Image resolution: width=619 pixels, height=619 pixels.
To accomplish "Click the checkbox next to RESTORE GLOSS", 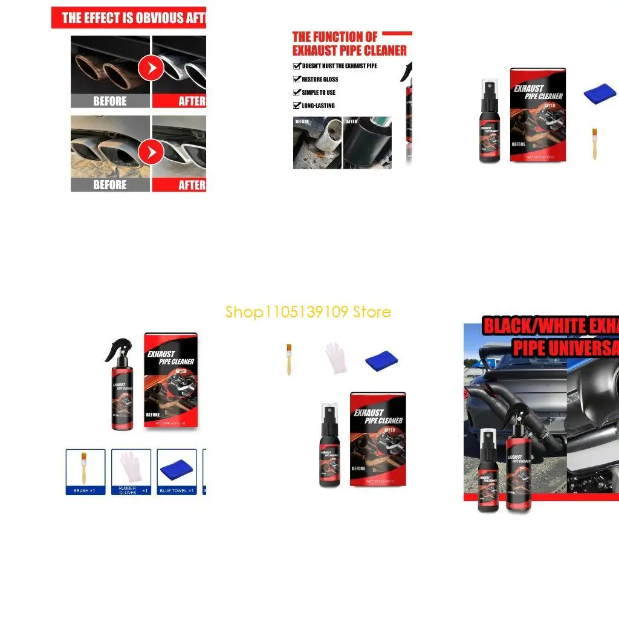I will coord(297,79).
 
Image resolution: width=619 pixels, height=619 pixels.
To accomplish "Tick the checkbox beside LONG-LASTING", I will coord(297,106).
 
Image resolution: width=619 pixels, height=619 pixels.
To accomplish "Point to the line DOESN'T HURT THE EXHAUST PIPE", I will coord(339,66).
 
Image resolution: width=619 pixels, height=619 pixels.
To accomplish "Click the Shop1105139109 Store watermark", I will coord(308,312).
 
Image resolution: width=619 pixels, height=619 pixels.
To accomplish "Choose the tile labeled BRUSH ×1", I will coord(85,472).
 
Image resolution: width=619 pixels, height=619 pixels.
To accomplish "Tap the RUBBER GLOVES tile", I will coord(131,472).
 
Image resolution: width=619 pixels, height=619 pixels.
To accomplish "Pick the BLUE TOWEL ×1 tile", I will coord(177,472).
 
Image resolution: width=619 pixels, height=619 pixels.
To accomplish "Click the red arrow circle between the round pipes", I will coord(151,69).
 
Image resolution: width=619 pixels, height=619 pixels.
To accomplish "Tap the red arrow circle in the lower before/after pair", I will coord(151,152).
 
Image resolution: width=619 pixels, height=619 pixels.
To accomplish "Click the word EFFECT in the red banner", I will coord(109,18).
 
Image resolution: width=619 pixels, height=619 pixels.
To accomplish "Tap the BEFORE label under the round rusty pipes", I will coord(110,101).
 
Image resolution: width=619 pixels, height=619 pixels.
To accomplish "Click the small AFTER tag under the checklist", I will coord(352,122).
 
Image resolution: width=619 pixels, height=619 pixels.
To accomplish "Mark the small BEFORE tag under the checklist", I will coord(302,122).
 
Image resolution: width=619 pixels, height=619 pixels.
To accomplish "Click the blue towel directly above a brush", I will coord(600,94).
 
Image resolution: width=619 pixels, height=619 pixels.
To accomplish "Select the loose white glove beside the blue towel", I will coord(335,358).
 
